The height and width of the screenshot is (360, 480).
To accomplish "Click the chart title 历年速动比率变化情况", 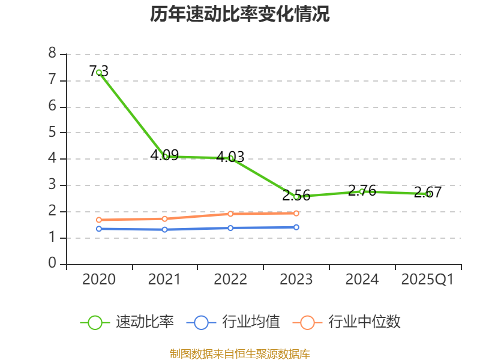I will coord(240,14).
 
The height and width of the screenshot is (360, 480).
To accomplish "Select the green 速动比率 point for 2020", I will coord(99,73).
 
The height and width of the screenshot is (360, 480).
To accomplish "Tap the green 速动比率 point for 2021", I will coord(165,156).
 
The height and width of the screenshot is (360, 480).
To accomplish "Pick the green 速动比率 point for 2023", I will coord(296,197).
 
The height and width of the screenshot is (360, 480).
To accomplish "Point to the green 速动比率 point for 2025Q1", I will coord(428,194).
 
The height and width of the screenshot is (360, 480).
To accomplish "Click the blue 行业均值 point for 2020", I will coord(99,229).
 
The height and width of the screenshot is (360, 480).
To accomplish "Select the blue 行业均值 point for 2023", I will coord(296,227).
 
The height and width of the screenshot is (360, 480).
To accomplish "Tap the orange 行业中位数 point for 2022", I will coord(230,214).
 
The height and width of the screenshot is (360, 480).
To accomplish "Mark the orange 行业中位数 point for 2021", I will coord(165,218).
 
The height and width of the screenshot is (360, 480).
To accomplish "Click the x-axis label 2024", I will coord(362,280).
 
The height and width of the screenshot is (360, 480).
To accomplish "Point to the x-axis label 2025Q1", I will coord(428,280).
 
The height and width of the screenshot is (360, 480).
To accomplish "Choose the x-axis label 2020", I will coord(99,280).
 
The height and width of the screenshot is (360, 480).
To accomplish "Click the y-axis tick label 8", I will coord(52,53).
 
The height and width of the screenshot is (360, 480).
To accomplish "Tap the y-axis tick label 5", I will coord(52,133).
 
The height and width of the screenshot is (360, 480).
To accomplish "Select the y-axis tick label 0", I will coord(52,264).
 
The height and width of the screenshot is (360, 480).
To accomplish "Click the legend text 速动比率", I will coord(145,322).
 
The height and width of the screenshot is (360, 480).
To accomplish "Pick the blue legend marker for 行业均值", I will coord(201,322).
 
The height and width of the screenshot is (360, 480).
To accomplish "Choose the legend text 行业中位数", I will coord(364,322).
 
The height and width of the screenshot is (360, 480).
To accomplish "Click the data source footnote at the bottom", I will coord(240,353).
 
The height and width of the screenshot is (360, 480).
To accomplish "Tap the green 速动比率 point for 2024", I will coord(362,191).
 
